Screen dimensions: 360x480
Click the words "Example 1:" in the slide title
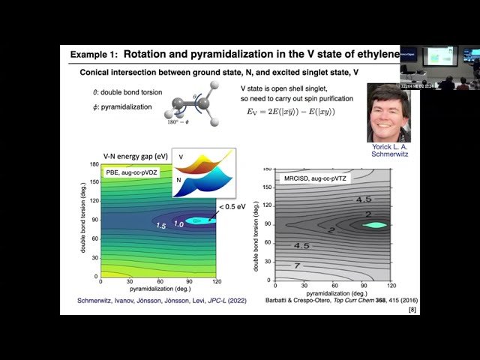pyautogui.click(x=94, y=55)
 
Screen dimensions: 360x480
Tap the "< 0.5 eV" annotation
pyautogui.click(x=232, y=208)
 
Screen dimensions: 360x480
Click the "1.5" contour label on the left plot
pyautogui.click(x=160, y=225)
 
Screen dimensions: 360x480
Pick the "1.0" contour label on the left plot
pyautogui.click(x=178, y=223)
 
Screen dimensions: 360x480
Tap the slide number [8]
pyautogui.click(x=412, y=310)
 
